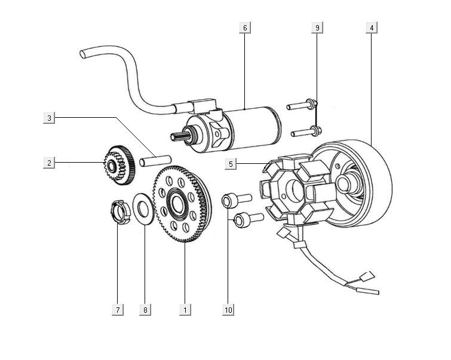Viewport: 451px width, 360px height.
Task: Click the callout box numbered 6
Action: coord(245,28)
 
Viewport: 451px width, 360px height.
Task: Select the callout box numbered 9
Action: coord(317,28)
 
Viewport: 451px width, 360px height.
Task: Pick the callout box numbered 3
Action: coord(50,118)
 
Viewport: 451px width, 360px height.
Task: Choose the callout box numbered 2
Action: coord(50,162)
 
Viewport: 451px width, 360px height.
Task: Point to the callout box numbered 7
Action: coord(118,309)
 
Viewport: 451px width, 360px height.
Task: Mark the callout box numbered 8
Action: coord(145,309)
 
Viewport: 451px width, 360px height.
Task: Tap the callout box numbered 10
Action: coord(229,309)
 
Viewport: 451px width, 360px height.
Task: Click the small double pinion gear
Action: coord(118,162)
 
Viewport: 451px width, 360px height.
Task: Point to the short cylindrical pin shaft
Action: coord(156,160)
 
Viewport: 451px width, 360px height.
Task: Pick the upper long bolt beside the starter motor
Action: coord(301,106)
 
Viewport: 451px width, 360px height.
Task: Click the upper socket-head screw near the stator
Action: coord(236,200)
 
